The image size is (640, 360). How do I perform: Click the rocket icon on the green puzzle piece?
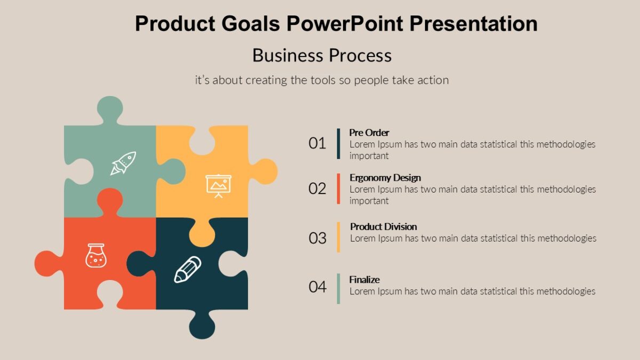tap(123, 163)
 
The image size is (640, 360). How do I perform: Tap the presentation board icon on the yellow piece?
tap(219, 185)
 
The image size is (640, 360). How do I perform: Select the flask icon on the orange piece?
tap(96, 255)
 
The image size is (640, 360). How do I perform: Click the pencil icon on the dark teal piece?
tap(188, 269)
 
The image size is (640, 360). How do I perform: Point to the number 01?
tap(317, 143)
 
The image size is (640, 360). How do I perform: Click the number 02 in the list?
tap(317, 188)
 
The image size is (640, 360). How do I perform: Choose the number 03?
tap(317, 238)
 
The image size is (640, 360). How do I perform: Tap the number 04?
tap(317, 287)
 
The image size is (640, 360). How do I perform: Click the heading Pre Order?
tap(369, 132)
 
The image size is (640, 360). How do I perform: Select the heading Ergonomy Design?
tap(385, 178)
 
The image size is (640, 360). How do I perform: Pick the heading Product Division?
tap(383, 227)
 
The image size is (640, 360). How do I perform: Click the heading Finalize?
tap(364, 279)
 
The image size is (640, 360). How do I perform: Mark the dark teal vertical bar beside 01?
tap(338, 143)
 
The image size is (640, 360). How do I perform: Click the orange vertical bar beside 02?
tap(338, 188)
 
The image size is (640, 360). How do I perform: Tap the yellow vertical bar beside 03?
tap(338, 237)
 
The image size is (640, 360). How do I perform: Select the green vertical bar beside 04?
tap(338, 289)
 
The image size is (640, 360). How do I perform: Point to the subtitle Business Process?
tap(322, 55)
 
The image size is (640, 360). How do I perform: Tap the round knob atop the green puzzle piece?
tap(110, 109)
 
